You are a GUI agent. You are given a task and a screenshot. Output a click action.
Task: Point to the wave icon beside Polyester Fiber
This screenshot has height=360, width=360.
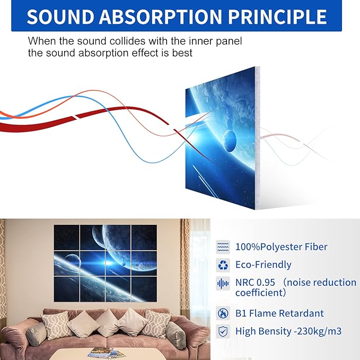pyautogui.click(x=223, y=247)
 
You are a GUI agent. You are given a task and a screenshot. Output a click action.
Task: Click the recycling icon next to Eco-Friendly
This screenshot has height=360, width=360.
pyautogui.click(x=223, y=265)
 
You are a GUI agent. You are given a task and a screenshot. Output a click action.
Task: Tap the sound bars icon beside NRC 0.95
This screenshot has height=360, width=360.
pyautogui.click(x=223, y=283)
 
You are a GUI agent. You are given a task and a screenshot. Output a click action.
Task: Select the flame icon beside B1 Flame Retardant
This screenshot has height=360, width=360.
pyautogui.click(x=223, y=313)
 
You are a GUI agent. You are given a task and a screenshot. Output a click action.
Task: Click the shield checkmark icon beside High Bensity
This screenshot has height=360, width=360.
pyautogui.click(x=223, y=331)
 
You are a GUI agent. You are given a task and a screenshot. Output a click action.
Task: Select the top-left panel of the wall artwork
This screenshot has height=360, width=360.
pyautogui.click(x=69, y=236)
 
